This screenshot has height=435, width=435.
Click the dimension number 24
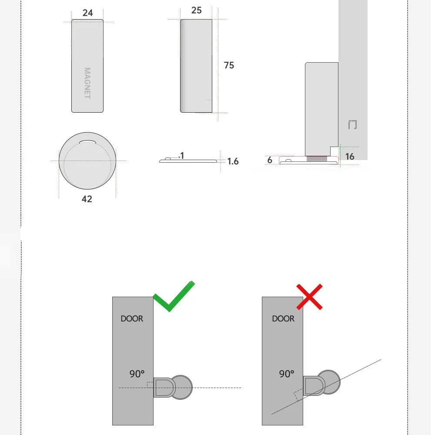(x=88, y=13)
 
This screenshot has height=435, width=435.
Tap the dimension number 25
(x=197, y=10)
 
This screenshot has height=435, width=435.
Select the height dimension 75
(x=229, y=65)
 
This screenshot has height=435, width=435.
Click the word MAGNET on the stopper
(x=87, y=83)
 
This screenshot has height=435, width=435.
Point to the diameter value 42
(x=87, y=199)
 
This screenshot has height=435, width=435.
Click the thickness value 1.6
(x=233, y=161)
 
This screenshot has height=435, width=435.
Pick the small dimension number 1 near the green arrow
(x=182, y=156)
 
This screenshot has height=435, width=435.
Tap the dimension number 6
(x=270, y=160)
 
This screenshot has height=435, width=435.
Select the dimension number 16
(x=350, y=156)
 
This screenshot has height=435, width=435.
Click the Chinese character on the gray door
(x=353, y=125)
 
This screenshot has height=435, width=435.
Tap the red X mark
(x=309, y=297)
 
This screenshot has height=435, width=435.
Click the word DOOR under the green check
(x=132, y=319)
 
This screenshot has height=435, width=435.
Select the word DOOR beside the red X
(x=283, y=319)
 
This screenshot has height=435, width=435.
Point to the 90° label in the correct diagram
(x=137, y=373)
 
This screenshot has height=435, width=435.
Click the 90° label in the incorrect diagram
(x=287, y=373)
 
